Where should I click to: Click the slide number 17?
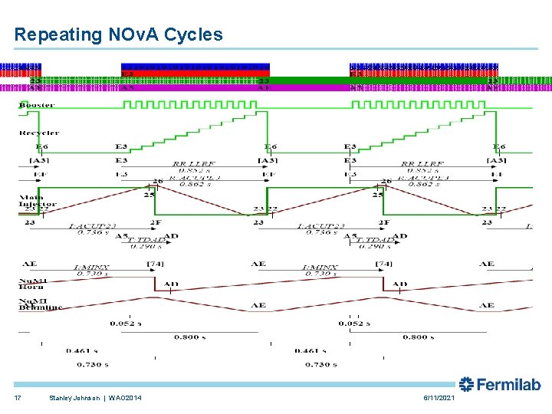(18, 397)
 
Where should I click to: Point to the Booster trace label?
(36, 104)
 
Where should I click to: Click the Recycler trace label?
(38, 133)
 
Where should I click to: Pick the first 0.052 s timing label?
(126, 323)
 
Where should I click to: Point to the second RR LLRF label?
(419, 164)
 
